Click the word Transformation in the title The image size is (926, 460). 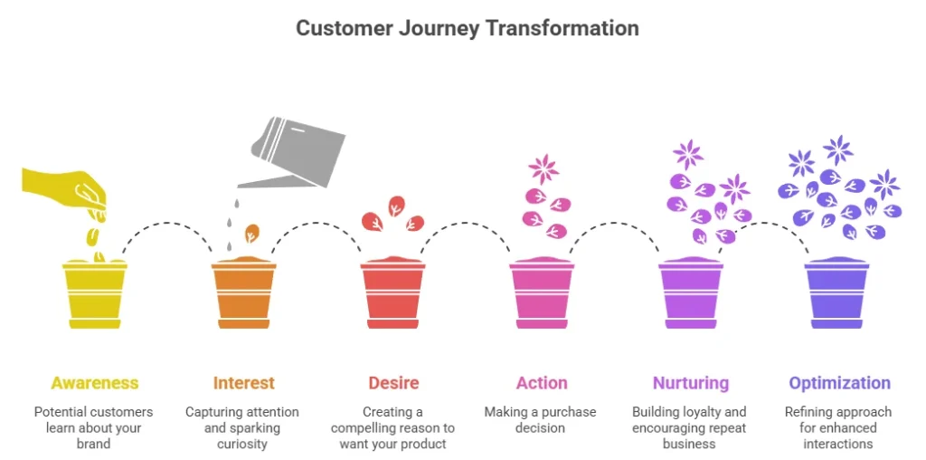pos(562,28)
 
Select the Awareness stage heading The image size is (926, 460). pos(95,383)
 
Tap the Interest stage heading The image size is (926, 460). pos(243,383)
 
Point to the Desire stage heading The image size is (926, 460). pos(393,383)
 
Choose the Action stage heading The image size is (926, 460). pos(542,383)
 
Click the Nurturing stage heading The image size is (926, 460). pos(690,383)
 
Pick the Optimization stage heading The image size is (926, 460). pos(839,383)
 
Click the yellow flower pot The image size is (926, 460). pos(94,293)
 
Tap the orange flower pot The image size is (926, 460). pos(243,293)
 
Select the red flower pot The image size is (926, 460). pos(392,293)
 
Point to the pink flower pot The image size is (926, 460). pos(541,293)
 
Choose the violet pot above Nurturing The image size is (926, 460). pos(690,293)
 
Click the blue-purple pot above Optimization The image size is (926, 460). pos(837,293)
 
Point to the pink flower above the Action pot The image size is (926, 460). pos(543,168)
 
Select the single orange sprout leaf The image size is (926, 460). pos(252,233)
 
